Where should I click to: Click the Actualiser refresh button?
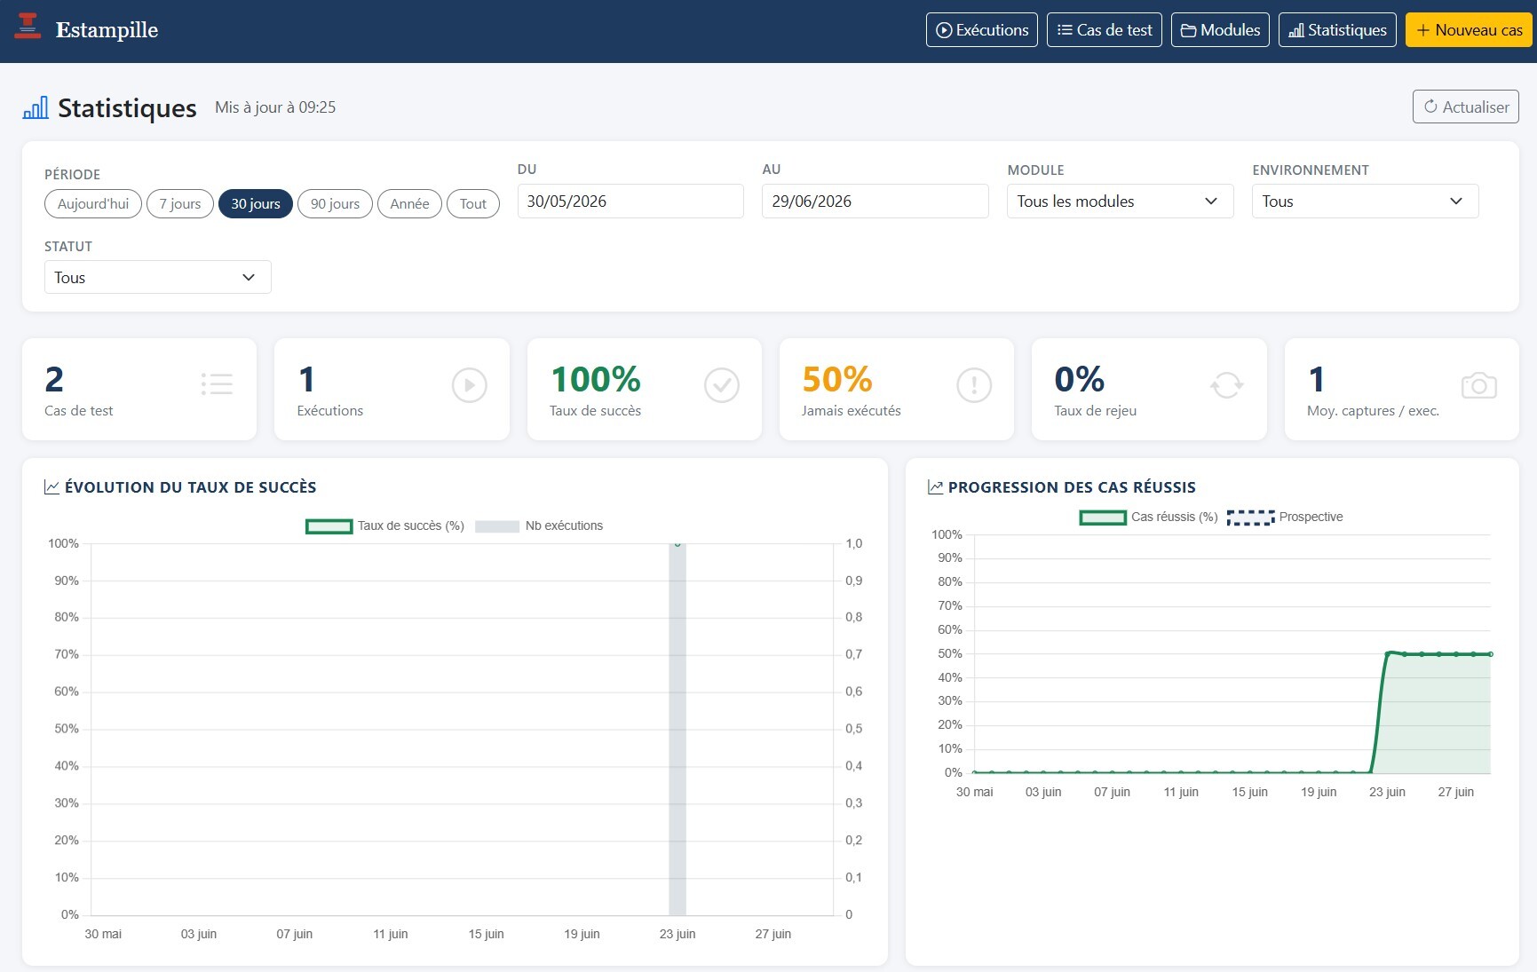[1465, 107]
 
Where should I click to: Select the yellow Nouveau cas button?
[1470, 30]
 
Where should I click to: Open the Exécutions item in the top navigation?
[981, 30]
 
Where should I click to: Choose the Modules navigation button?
[1220, 30]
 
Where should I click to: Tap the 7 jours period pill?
[180, 203]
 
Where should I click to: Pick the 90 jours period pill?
[335, 203]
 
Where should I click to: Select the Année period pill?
[409, 203]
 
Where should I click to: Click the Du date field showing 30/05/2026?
[630, 201]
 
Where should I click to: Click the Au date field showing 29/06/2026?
[875, 201]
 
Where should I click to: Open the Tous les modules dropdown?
[1120, 201]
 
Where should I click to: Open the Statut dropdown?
[157, 277]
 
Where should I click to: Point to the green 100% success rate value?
[595, 379]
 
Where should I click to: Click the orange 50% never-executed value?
[836, 379]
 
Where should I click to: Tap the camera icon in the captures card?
[1478, 385]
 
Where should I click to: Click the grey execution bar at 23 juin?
[677, 729]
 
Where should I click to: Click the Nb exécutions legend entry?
[539, 526]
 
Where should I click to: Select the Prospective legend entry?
[1285, 517]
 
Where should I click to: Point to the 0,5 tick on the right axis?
[853, 729]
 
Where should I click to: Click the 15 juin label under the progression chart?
[1249, 792]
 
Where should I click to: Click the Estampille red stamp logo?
[28, 27]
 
